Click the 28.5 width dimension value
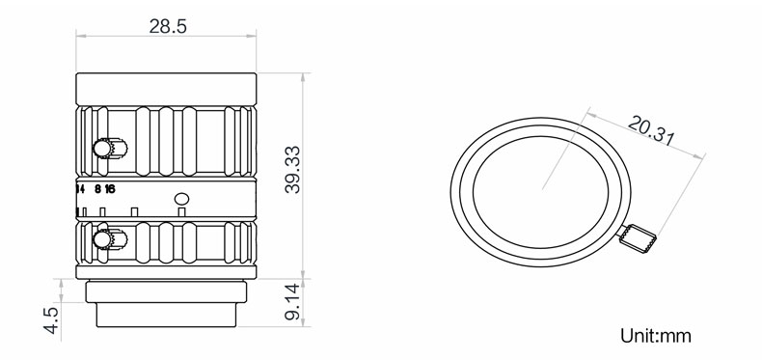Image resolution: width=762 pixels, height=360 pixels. coord(168,26)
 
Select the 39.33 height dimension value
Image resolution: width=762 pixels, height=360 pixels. coord(292,170)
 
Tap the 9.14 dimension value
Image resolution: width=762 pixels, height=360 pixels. coord(292,303)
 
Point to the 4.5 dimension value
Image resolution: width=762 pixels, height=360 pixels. coord(51,320)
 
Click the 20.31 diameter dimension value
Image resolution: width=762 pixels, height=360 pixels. coord(651,130)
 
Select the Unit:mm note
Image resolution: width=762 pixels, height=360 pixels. coord(655,336)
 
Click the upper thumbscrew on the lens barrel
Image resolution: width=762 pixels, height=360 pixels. coord(110,148)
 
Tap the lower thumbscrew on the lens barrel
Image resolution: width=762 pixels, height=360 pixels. coord(110,239)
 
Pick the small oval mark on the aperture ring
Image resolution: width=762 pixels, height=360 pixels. coord(181,199)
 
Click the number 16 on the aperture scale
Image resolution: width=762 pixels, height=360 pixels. coord(110,189)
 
